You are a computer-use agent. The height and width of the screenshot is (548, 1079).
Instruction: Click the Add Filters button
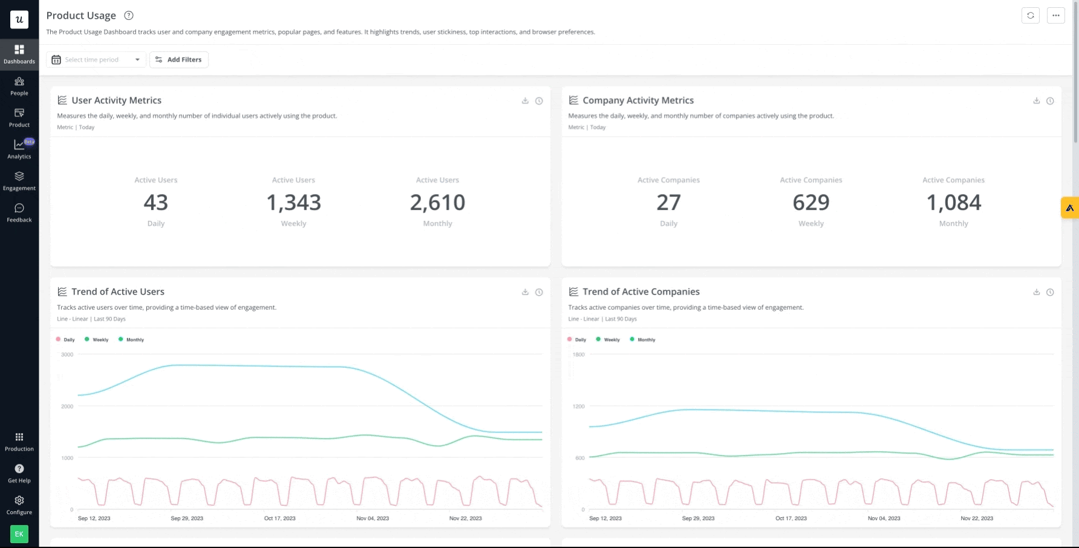click(x=178, y=60)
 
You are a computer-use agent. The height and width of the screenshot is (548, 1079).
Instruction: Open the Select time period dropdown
click(x=96, y=60)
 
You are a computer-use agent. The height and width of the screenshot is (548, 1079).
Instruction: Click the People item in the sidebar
click(x=19, y=86)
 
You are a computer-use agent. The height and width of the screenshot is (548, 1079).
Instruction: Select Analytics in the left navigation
click(x=19, y=149)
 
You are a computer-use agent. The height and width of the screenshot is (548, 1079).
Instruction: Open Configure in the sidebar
click(x=19, y=504)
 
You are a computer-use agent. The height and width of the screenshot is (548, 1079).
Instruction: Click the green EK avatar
click(x=19, y=534)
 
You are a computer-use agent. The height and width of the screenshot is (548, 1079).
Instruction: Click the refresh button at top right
click(x=1031, y=16)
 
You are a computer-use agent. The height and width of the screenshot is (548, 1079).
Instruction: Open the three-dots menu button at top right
click(x=1056, y=16)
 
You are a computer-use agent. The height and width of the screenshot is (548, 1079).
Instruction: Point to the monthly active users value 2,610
click(x=437, y=203)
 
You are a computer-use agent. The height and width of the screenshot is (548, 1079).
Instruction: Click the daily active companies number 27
click(x=668, y=203)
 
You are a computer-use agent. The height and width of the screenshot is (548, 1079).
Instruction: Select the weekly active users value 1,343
click(x=293, y=203)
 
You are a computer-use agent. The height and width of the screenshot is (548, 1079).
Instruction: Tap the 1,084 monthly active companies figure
click(x=953, y=203)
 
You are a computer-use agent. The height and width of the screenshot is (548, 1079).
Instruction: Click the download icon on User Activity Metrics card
click(x=525, y=101)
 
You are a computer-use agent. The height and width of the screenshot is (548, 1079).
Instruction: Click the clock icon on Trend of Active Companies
click(x=1050, y=292)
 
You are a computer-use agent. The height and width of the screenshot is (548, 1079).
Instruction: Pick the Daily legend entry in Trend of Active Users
click(x=66, y=340)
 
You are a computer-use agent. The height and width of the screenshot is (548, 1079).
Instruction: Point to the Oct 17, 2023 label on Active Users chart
click(x=279, y=518)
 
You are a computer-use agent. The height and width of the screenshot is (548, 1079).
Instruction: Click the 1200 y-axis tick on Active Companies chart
click(x=578, y=406)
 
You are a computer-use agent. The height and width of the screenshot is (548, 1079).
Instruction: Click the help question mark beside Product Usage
click(x=128, y=16)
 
